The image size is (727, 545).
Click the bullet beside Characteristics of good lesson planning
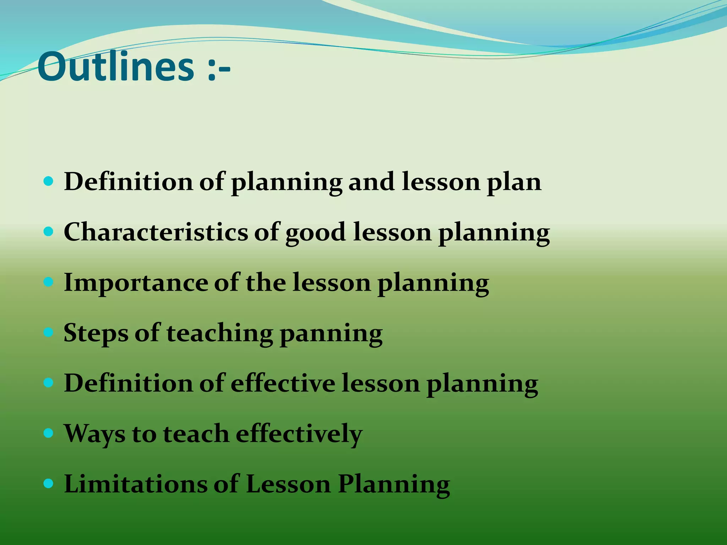[x=48, y=232]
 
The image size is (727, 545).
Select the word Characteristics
[x=156, y=232]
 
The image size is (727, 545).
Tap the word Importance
[x=136, y=283]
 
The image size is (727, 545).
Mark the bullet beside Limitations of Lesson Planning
[x=48, y=484]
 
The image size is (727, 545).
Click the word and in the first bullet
[x=371, y=182]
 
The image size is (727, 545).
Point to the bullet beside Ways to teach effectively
[x=48, y=433]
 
